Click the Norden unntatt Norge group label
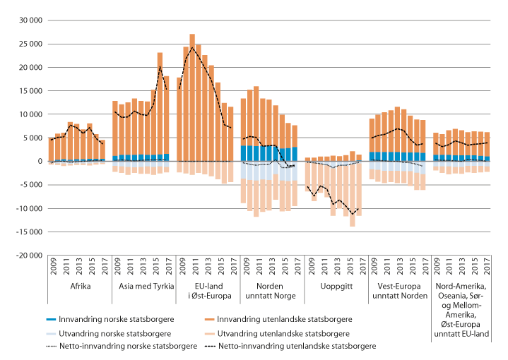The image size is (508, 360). click(272, 293)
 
